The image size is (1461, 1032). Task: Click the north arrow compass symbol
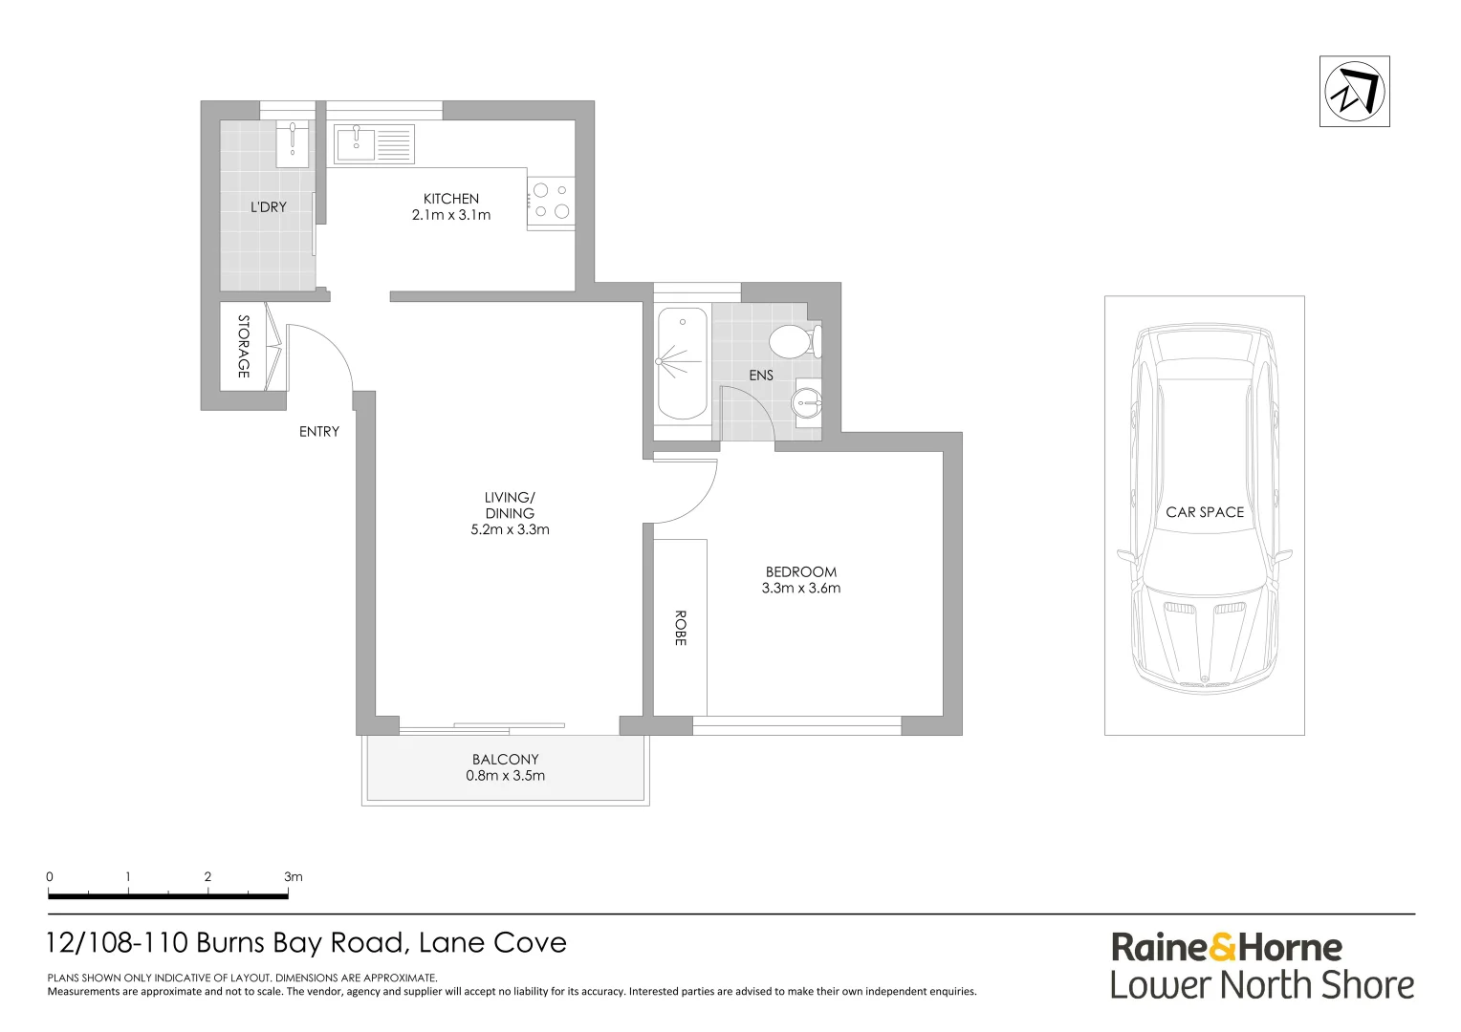(x=1354, y=92)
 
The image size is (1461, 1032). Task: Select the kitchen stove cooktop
(x=551, y=202)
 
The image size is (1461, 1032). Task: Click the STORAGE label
(x=243, y=347)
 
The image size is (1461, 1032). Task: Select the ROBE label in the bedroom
(x=680, y=628)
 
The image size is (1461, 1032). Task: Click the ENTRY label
(x=319, y=432)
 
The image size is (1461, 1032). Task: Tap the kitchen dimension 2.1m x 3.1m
(x=451, y=215)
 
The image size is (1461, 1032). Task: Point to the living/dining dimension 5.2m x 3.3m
(x=510, y=529)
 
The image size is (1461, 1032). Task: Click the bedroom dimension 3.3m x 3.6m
(x=800, y=589)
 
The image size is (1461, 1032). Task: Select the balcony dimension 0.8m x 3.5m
(x=505, y=776)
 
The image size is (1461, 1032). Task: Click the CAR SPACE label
(x=1205, y=512)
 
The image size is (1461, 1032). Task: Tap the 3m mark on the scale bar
(x=293, y=876)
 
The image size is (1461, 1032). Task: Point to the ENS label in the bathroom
(x=761, y=376)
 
